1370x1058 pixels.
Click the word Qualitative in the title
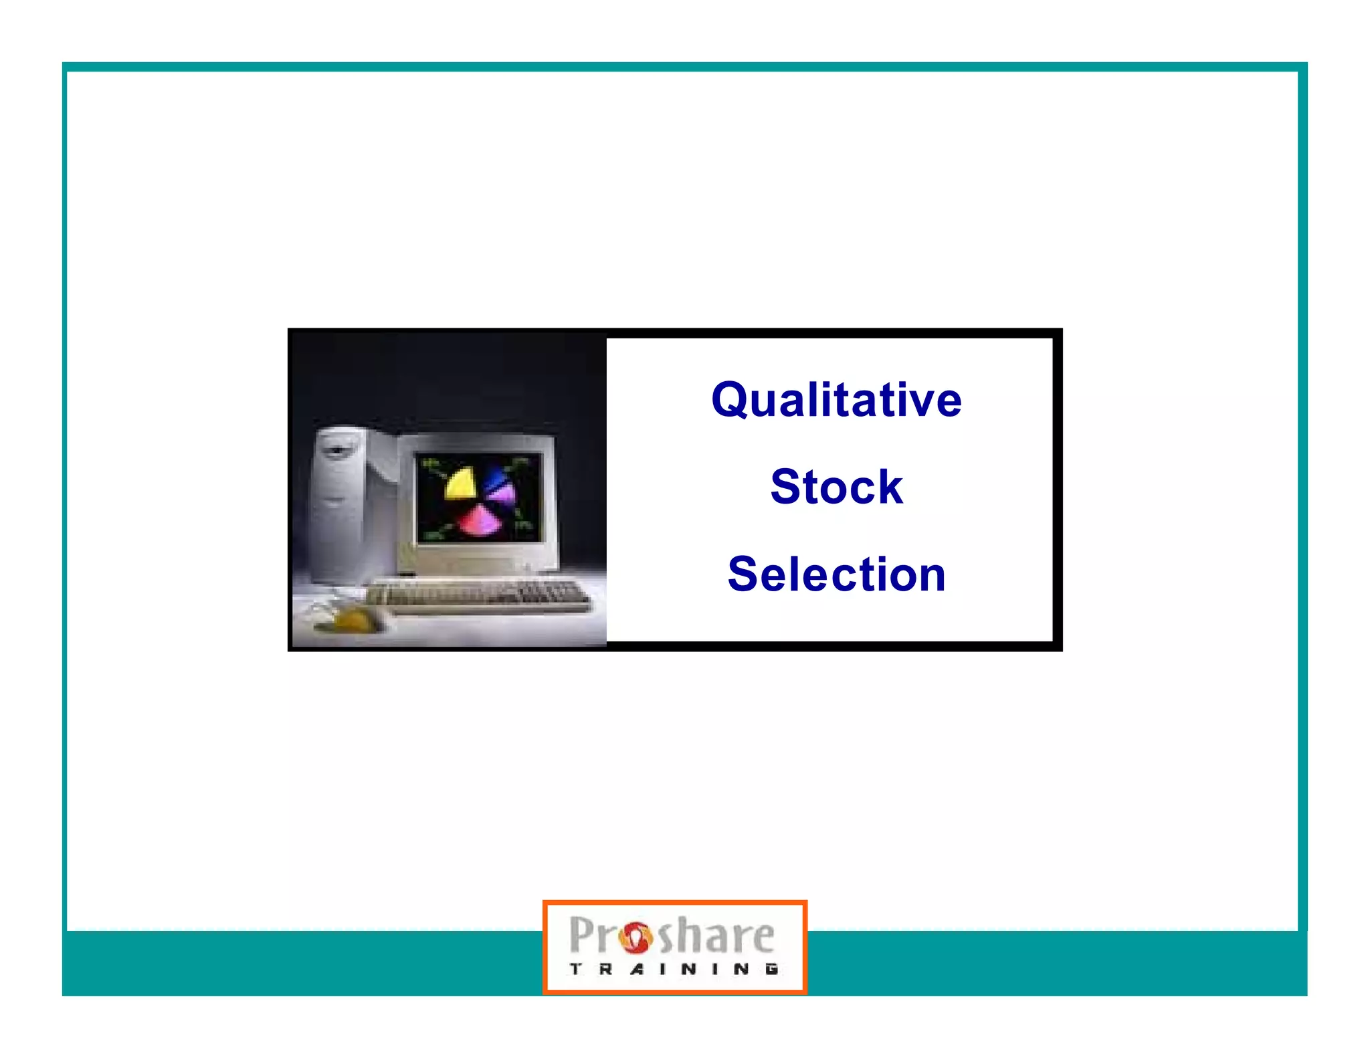pos(836,400)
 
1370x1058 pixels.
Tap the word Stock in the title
pos(836,486)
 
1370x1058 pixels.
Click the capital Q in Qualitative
pos(730,400)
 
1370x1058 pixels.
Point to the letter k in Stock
pos(888,486)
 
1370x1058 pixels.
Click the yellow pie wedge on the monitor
pos(460,484)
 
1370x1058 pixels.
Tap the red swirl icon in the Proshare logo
pos(634,936)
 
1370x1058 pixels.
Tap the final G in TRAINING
pos(771,968)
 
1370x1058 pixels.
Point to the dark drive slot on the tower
pos(337,449)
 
